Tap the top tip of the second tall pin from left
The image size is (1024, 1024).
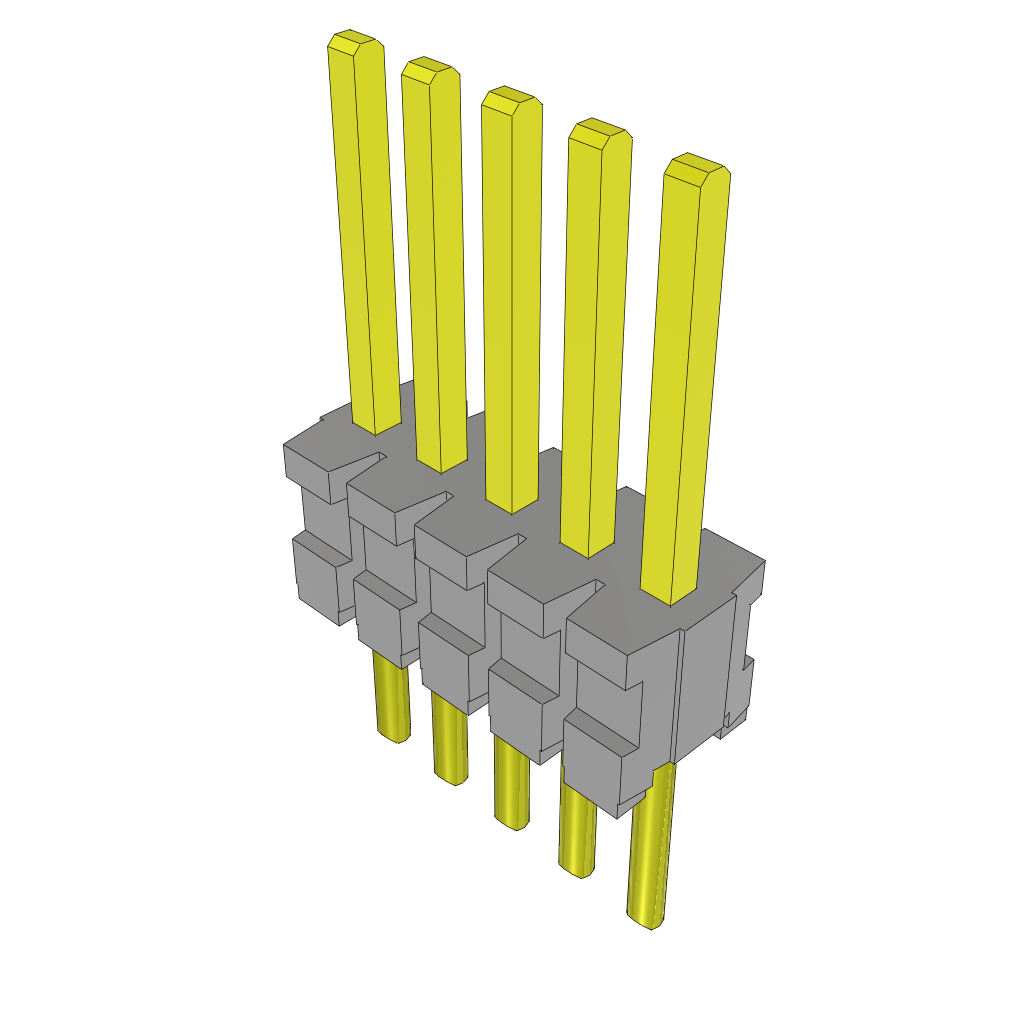pos(430,69)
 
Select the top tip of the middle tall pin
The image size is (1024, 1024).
pos(511,98)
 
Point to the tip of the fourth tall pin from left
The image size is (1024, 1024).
pos(599,132)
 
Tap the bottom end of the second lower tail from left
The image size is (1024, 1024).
pos(452,776)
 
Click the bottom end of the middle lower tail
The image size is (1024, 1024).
pos(513,822)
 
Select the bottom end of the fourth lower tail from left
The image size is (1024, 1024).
pos(575,870)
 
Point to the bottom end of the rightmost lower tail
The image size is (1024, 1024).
pos(645,919)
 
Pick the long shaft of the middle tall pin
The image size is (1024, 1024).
pos(513,300)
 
